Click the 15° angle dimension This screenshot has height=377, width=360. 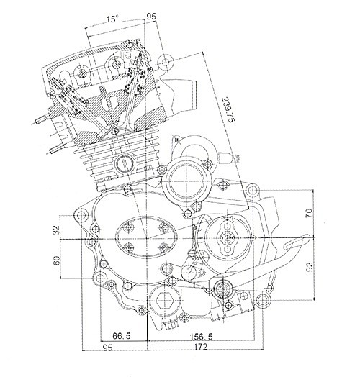click(112, 19)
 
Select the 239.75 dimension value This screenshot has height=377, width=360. click(228, 109)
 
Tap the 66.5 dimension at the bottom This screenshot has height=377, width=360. click(122, 336)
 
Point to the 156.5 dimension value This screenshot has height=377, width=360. click(201, 337)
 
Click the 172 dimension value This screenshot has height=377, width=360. click(200, 347)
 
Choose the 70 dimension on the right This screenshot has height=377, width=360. click(309, 213)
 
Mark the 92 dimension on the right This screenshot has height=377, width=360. click(310, 267)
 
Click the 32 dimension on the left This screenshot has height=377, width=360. click(56, 230)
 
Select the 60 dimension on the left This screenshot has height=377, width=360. click(56, 260)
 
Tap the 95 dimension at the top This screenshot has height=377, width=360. click(151, 17)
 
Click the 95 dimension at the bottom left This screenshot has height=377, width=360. click(107, 348)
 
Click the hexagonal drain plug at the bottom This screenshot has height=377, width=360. click(164, 301)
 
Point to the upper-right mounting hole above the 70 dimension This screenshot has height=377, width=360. click(252, 191)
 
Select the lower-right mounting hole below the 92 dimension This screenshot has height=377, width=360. click(263, 300)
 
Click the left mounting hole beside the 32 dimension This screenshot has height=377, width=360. click(81, 214)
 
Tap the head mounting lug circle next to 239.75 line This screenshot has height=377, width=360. click(166, 62)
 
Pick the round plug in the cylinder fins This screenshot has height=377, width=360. click(124, 163)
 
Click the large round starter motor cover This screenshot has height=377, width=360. click(187, 181)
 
